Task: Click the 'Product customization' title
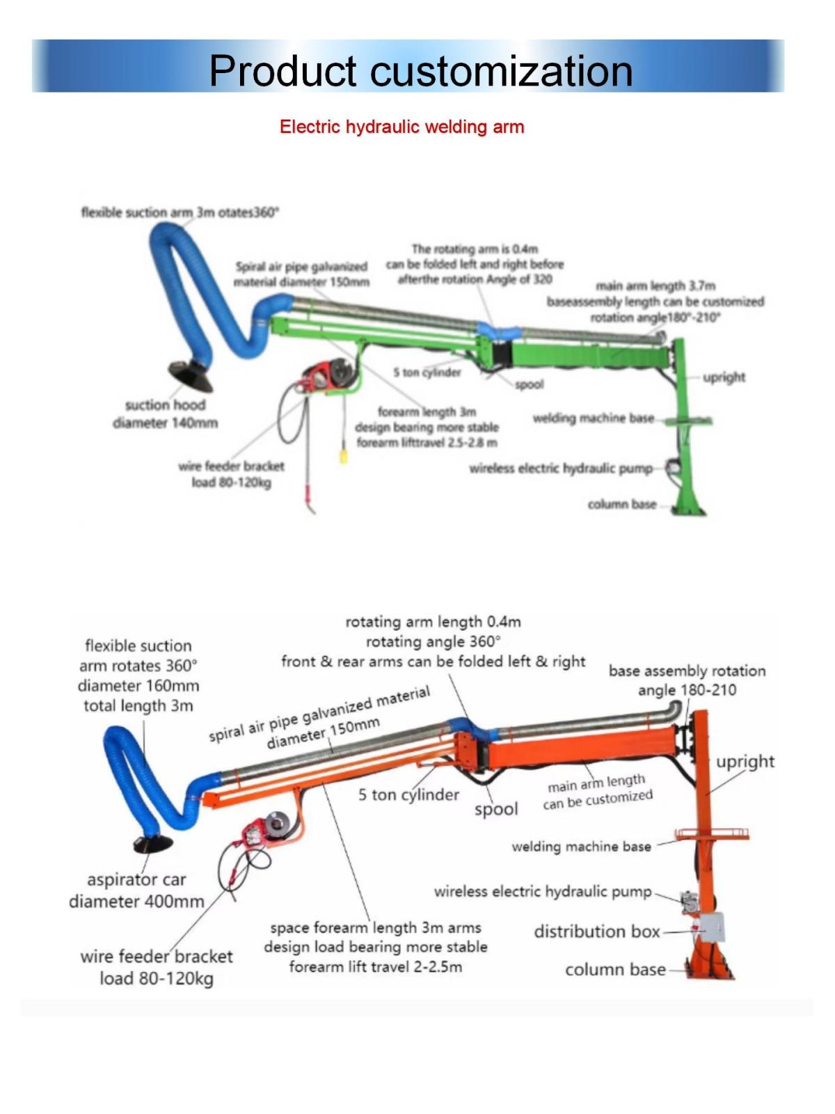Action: pos(420,70)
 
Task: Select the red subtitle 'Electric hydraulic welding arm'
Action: pos(401,127)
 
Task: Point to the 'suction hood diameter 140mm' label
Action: pos(165,414)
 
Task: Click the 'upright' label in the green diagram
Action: pos(724,377)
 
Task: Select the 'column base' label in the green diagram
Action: pos(621,504)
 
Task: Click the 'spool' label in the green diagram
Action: pos(529,384)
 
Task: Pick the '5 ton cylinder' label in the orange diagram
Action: pos(408,794)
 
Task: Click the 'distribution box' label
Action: pos(596,932)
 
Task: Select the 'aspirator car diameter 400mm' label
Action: pos(136,891)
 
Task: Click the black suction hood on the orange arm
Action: pos(153,844)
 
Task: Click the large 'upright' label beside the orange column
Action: pos(745,761)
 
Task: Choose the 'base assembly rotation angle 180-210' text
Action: pos(687,680)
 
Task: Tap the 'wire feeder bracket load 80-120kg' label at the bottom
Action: pos(157,967)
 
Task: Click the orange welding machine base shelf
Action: pos(711,833)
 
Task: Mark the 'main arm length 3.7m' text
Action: pos(655,285)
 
